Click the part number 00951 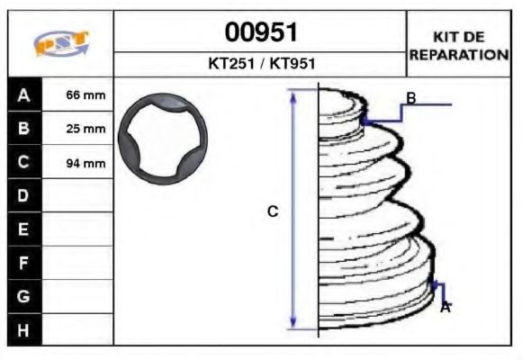tap(260, 33)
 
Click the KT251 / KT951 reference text tap(260, 64)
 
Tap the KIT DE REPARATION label tap(459, 45)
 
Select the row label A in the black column tap(24, 94)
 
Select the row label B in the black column tap(24, 129)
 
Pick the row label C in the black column tap(24, 163)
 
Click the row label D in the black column tap(24, 196)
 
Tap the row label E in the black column tap(24, 229)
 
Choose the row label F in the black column tap(24, 263)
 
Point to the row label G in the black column tap(24, 296)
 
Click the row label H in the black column tap(24, 329)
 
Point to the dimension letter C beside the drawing tap(273, 211)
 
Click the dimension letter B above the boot tap(410, 98)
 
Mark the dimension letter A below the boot tap(445, 307)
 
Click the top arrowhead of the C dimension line tap(292, 94)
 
